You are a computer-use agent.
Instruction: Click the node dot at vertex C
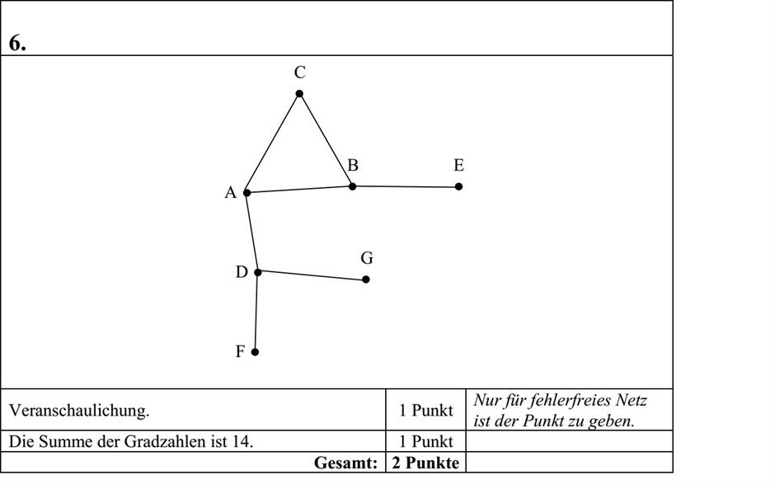(299, 93)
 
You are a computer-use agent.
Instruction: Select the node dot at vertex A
(247, 192)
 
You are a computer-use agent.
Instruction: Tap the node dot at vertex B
(352, 186)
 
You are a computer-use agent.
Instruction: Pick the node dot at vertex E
(458, 186)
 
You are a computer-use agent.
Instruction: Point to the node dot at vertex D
(257, 272)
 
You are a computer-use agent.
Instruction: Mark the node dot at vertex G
(366, 280)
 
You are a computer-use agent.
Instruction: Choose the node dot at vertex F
(255, 352)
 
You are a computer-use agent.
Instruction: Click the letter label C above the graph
(299, 73)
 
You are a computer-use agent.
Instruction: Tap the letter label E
(458, 165)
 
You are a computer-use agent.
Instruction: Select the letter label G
(367, 258)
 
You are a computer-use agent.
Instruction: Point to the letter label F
(240, 351)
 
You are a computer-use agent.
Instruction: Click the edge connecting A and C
(273, 143)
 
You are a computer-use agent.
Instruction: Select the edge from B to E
(406, 186)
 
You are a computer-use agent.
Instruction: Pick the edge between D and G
(312, 276)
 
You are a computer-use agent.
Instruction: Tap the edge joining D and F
(256, 312)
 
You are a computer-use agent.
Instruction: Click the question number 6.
(17, 44)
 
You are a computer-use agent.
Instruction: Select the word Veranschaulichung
(79, 411)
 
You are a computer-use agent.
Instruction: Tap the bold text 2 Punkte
(425, 463)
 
